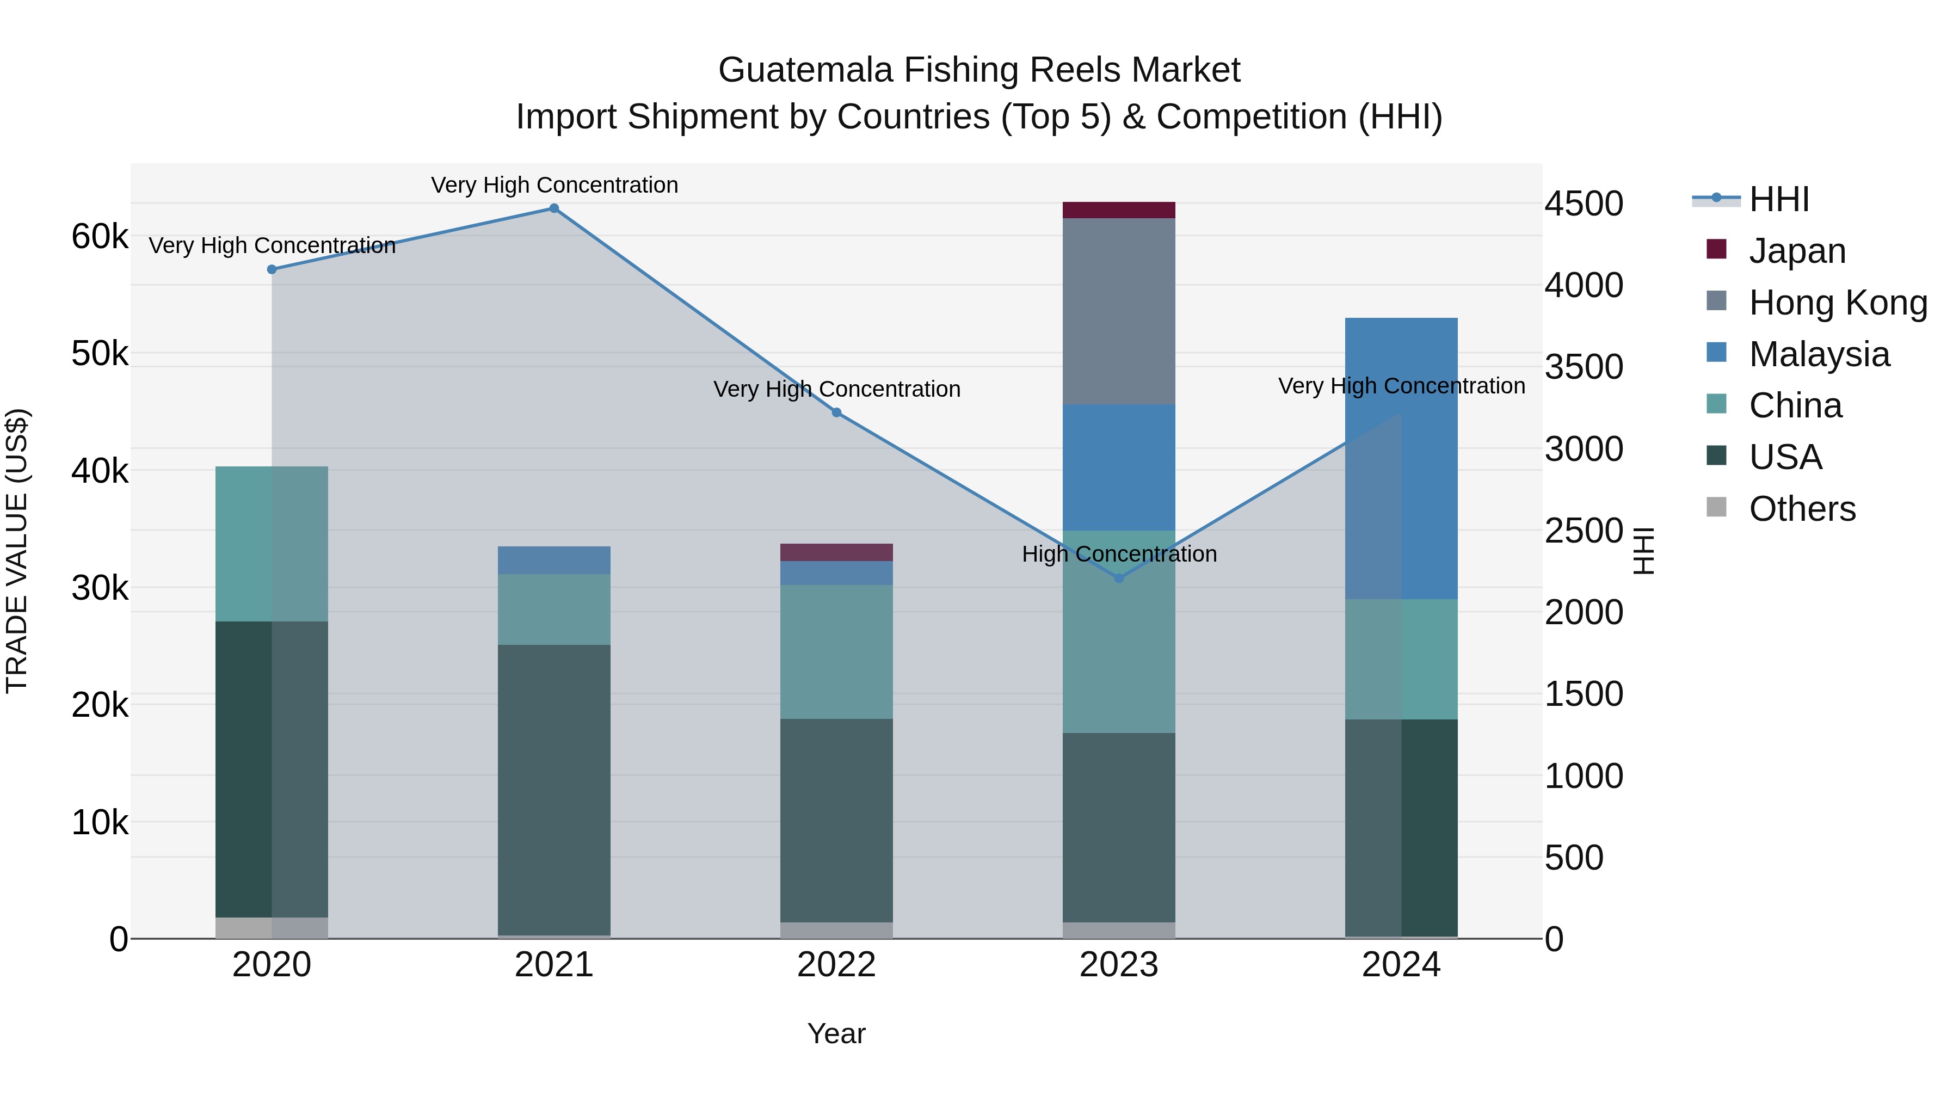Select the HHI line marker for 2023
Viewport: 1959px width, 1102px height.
click(x=1119, y=578)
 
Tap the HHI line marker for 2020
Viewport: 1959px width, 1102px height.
click(x=272, y=269)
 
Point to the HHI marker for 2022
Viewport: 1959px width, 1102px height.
click(x=836, y=412)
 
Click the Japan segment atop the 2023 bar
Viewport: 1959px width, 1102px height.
click(x=1119, y=210)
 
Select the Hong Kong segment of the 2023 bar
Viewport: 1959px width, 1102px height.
click(x=1119, y=311)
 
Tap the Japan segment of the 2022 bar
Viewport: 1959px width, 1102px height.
click(x=836, y=552)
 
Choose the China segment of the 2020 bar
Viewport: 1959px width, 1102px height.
click(x=272, y=544)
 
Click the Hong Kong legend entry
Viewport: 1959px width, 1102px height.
click(x=1837, y=303)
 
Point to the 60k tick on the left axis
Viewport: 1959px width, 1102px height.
click(x=100, y=237)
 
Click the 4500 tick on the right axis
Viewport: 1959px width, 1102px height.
click(x=1584, y=204)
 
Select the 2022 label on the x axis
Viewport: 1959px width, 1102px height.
click(x=836, y=965)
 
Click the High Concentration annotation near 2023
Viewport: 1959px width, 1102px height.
click(x=1119, y=553)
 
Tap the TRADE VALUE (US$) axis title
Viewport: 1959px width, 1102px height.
click(x=17, y=551)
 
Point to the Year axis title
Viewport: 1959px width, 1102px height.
click(x=836, y=1033)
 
